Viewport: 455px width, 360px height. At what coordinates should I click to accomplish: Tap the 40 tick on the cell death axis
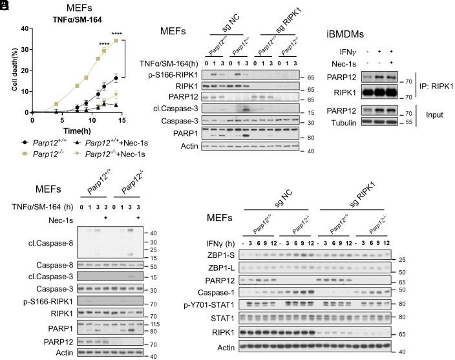23,29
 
